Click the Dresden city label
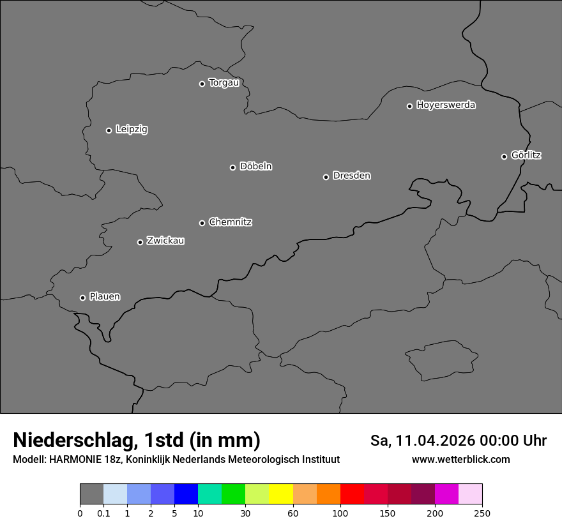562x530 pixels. [351, 176]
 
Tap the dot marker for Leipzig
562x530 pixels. [109, 130]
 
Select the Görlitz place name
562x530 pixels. [526, 155]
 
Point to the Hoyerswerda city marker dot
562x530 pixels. [410, 106]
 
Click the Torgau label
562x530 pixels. [224, 83]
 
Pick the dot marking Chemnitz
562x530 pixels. [202, 223]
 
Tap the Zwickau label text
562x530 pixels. [165, 241]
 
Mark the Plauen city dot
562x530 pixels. [82, 298]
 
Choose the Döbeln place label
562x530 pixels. [255, 167]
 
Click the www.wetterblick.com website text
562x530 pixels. [460, 459]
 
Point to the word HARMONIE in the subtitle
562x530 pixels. [77, 460]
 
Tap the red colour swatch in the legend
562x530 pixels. [352, 494]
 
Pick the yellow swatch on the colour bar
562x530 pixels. [281, 494]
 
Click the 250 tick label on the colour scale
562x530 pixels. [482, 513]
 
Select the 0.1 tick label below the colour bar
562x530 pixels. [103, 513]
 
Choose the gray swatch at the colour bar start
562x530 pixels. [91, 494]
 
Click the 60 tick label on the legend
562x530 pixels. [293, 513]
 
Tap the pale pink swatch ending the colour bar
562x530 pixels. [471, 494]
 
